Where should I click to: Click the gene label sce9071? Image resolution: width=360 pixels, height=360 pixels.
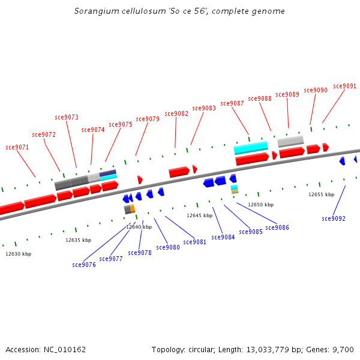17,147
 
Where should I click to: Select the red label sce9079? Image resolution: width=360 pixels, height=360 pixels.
148,119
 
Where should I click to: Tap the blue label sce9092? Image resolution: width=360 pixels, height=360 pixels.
334,218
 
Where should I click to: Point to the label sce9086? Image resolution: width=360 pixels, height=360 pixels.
277,227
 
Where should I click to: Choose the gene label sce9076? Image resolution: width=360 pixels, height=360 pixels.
84,265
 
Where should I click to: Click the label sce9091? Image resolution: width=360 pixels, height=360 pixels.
345,86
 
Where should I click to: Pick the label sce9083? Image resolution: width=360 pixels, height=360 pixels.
204,108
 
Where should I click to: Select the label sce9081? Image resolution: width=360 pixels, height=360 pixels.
195,242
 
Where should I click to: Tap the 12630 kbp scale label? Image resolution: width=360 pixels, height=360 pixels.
19,254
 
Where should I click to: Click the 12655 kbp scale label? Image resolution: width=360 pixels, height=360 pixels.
321,194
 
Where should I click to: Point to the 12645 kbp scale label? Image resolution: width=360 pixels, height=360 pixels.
199,215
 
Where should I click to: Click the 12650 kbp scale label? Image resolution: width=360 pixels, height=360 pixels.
260,205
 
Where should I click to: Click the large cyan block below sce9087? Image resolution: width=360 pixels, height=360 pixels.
251,147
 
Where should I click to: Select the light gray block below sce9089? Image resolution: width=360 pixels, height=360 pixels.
290,141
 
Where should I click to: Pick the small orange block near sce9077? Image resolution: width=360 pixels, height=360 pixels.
133,208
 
